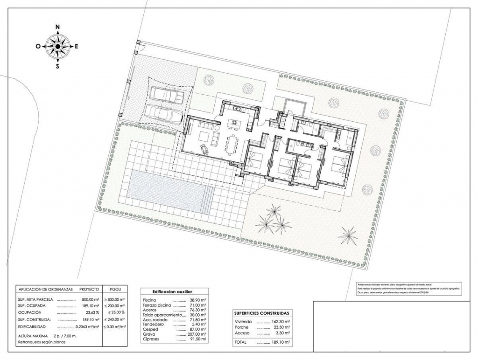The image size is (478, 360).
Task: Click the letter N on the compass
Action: pos(57,27)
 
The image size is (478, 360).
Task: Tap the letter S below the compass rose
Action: pos(57,66)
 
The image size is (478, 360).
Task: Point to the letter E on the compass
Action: pos(77,46)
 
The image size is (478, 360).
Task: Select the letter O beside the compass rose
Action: pos(38,46)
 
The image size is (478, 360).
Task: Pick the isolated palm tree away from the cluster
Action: pos(348,235)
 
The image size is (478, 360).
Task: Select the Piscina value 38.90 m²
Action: pos(197,300)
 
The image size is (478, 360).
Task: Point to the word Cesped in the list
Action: pos(151,329)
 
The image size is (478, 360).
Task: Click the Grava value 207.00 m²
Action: pos(197,334)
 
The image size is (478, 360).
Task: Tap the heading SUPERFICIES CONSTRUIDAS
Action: pos(261,313)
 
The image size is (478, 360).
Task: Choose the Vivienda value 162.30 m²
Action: pos(281,322)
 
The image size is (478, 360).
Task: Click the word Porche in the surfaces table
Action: pos(242,328)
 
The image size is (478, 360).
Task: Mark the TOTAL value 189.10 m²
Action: pos(281,342)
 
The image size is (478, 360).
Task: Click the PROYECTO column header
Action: pos(89,289)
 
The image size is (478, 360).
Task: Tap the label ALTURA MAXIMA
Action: pos(34,336)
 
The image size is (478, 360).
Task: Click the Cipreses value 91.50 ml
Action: pos(197,339)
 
